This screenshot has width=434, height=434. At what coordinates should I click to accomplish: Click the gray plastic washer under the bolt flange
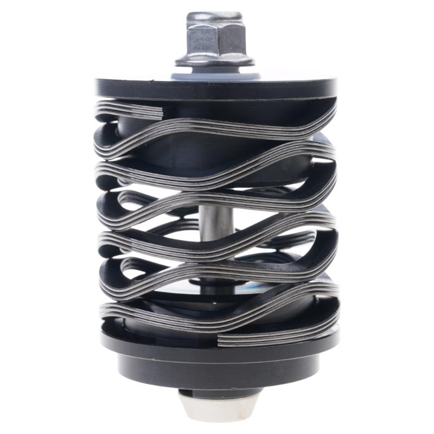tap(214, 73)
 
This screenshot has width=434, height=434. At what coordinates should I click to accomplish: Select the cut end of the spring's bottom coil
tap(221, 341)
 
